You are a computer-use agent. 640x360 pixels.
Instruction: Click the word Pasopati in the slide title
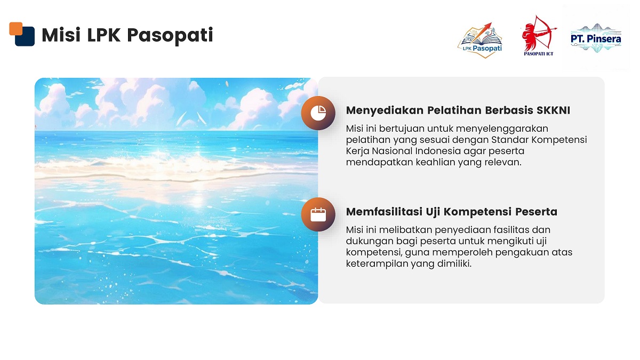point(170,35)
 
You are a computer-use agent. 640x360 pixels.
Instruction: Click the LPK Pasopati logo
point(480,41)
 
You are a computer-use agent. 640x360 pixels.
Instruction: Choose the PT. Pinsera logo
point(596,39)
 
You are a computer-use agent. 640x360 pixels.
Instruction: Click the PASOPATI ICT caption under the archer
point(539,54)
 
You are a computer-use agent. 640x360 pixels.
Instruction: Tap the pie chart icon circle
point(318,113)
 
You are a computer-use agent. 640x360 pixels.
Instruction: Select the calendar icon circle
point(318,214)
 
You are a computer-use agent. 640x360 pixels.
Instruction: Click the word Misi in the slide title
point(61,35)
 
